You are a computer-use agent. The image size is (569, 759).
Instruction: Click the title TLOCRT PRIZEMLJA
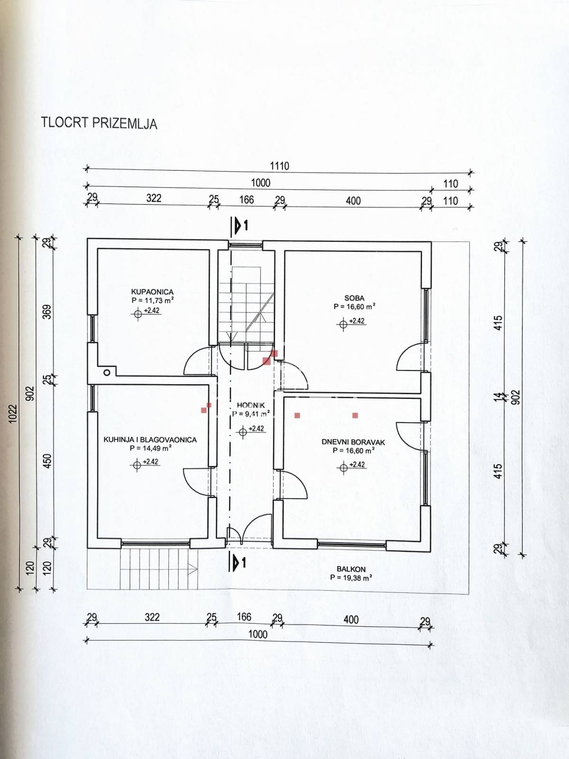tap(99, 123)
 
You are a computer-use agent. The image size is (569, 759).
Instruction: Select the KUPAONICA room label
tap(152, 292)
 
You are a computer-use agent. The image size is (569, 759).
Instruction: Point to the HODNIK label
tap(251, 405)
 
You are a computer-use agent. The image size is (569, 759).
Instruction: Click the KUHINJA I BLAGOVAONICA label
tap(150, 440)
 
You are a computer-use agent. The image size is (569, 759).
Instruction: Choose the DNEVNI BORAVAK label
tap(353, 442)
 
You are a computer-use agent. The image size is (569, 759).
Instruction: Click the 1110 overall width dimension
tap(279, 166)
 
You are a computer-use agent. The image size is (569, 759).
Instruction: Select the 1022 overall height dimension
tap(13, 414)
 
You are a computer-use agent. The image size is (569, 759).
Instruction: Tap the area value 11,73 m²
tap(152, 300)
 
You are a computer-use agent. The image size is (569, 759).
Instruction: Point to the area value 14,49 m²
tap(151, 448)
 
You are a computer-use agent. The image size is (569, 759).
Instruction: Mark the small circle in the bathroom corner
tap(107, 372)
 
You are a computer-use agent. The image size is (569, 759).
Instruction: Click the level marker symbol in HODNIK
tap(243, 432)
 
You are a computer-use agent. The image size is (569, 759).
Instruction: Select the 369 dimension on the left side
tap(48, 312)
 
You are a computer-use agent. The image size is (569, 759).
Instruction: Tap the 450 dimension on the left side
tap(48, 461)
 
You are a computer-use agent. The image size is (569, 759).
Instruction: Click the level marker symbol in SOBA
tap(343, 324)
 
